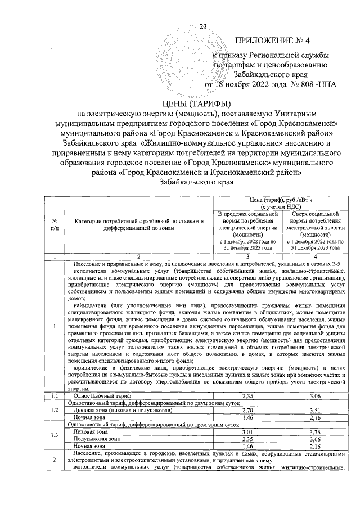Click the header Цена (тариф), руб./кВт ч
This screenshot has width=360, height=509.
click(x=280, y=203)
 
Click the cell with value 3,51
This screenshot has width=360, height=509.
click(x=314, y=411)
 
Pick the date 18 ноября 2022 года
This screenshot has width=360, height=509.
click(x=249, y=85)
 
